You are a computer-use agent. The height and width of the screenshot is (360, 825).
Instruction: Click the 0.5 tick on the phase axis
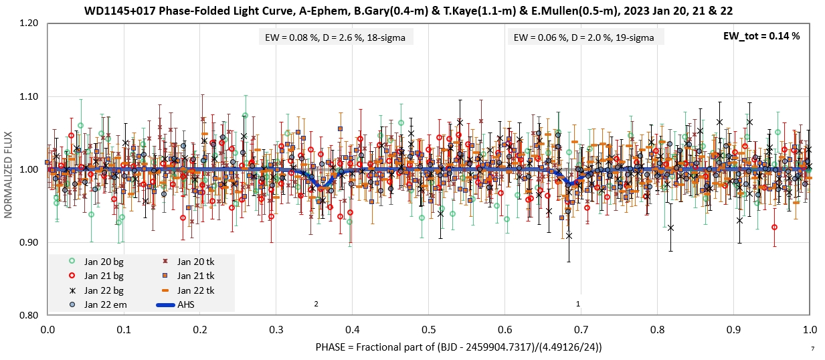[429, 330]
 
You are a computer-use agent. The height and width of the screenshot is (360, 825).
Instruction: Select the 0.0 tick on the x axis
[48, 330]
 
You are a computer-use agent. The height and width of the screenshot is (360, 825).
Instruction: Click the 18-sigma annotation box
[337, 37]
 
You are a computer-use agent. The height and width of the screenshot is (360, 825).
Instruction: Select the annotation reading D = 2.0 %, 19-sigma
[585, 37]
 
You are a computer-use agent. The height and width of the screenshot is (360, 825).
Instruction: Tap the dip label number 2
[316, 304]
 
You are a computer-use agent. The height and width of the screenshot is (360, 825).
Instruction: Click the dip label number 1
[578, 304]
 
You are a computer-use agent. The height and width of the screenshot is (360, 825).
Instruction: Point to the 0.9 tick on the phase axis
[733, 330]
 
